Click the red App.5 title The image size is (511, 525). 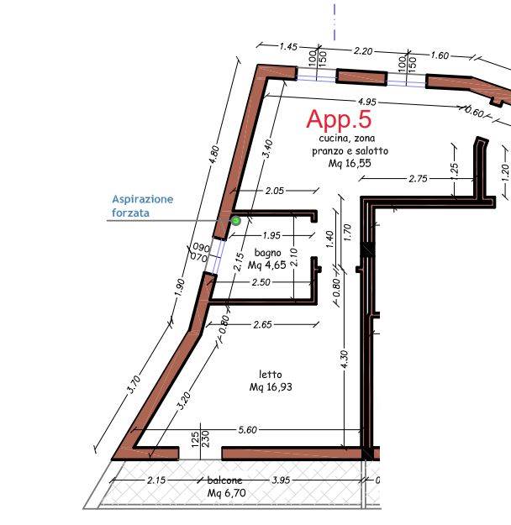pyautogui.click(x=339, y=119)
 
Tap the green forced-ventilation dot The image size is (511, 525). pyautogui.click(x=236, y=221)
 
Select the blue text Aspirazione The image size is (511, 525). pyautogui.click(x=142, y=200)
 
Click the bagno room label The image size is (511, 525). pyautogui.click(x=268, y=253)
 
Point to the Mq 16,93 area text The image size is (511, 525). pyautogui.click(x=271, y=387)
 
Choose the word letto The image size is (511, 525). pyautogui.click(x=271, y=375)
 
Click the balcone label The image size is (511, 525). pyautogui.click(x=224, y=480)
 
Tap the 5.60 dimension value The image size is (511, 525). pyautogui.click(x=248, y=430)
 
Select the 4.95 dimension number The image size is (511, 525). pyautogui.click(x=367, y=102)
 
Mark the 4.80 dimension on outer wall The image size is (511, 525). pyautogui.click(x=214, y=154)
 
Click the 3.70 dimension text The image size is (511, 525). pyautogui.click(x=134, y=384)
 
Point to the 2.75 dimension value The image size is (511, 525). pyautogui.click(x=418, y=178)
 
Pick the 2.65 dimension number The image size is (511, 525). pyautogui.click(x=263, y=324)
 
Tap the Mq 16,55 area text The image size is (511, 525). pyautogui.click(x=350, y=164)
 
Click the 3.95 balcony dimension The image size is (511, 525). pyautogui.click(x=281, y=480)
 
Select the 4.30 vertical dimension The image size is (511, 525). pyautogui.click(x=345, y=359)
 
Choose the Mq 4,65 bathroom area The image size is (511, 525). pyautogui.click(x=267, y=265)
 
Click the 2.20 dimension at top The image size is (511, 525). pyautogui.click(x=363, y=51)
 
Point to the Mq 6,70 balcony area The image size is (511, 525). pyautogui.click(x=227, y=493)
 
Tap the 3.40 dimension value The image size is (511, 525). pyautogui.click(x=268, y=149)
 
